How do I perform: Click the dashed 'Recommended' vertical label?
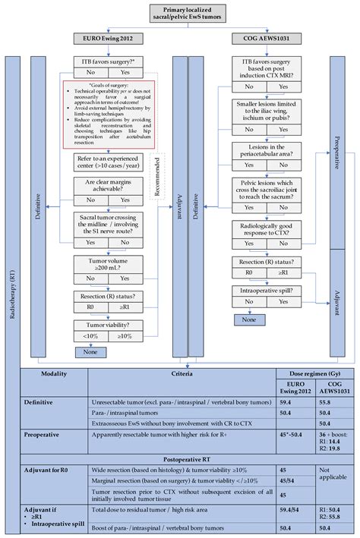pyautogui.click(x=157, y=187)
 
